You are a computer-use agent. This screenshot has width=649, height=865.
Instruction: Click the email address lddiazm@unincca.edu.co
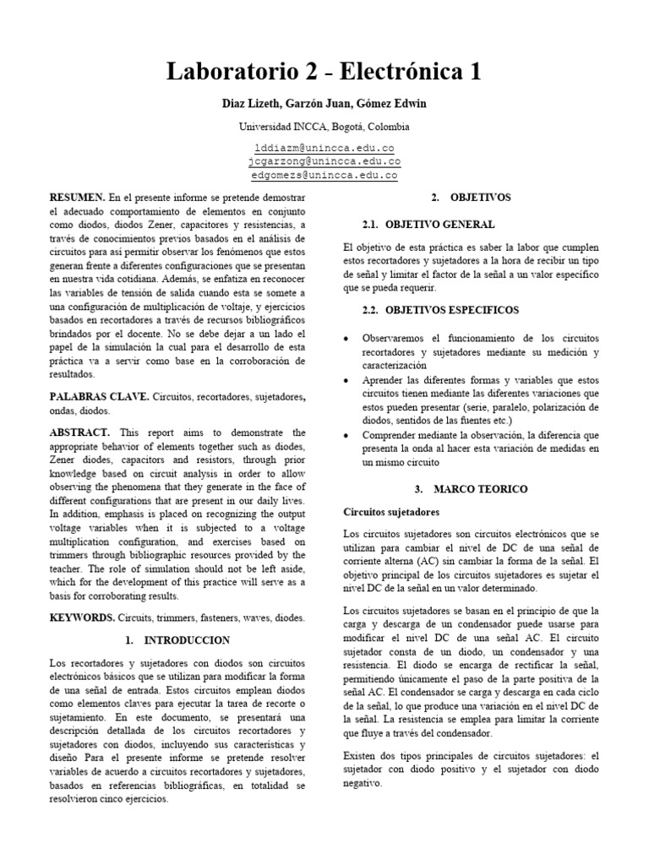pyautogui.click(x=324, y=146)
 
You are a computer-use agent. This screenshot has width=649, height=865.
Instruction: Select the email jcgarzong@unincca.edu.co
pyautogui.click(x=324, y=160)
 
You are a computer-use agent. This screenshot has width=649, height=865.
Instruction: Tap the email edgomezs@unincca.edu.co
pyautogui.click(x=324, y=175)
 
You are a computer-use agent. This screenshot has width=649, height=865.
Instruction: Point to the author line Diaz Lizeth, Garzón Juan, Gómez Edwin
pyautogui.click(x=324, y=104)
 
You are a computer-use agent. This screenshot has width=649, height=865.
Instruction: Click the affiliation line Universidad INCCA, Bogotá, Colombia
pyautogui.click(x=324, y=127)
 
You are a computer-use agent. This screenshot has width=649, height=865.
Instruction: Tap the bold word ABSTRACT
pyautogui.click(x=79, y=432)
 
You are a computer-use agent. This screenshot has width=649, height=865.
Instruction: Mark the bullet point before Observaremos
pyautogui.click(x=347, y=339)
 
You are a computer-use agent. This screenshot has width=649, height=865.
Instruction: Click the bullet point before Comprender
pyautogui.click(x=347, y=434)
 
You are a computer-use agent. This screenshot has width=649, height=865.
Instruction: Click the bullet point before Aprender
pyautogui.click(x=347, y=380)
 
